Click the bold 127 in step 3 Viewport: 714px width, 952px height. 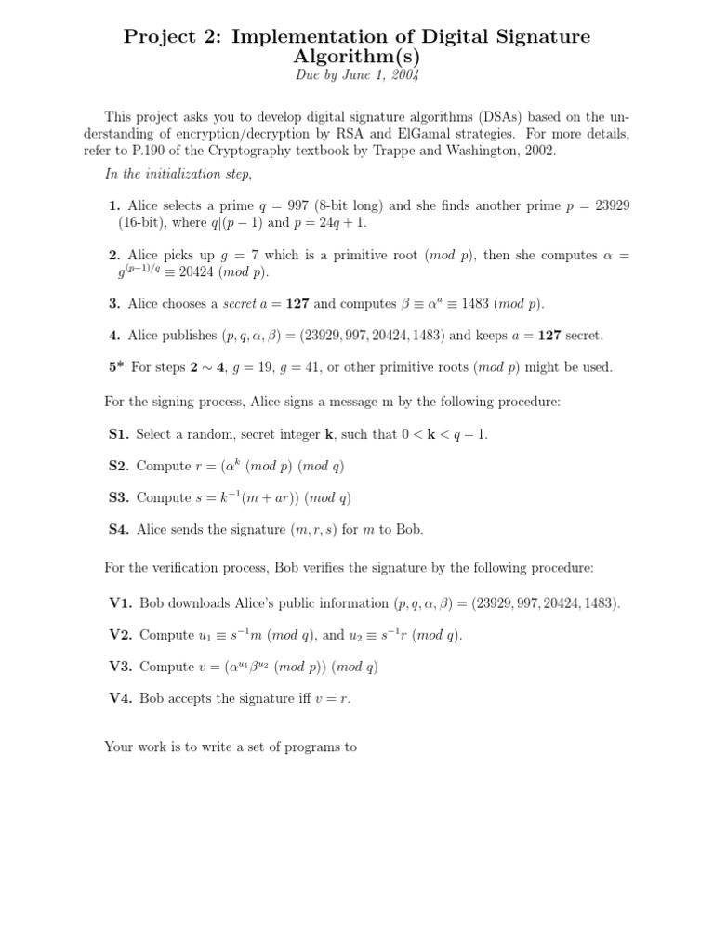coord(297,303)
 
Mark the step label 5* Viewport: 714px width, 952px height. coord(116,367)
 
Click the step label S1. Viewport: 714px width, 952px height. coord(118,434)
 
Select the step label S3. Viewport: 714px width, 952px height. coord(118,497)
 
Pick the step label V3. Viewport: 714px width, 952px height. coord(121,667)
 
